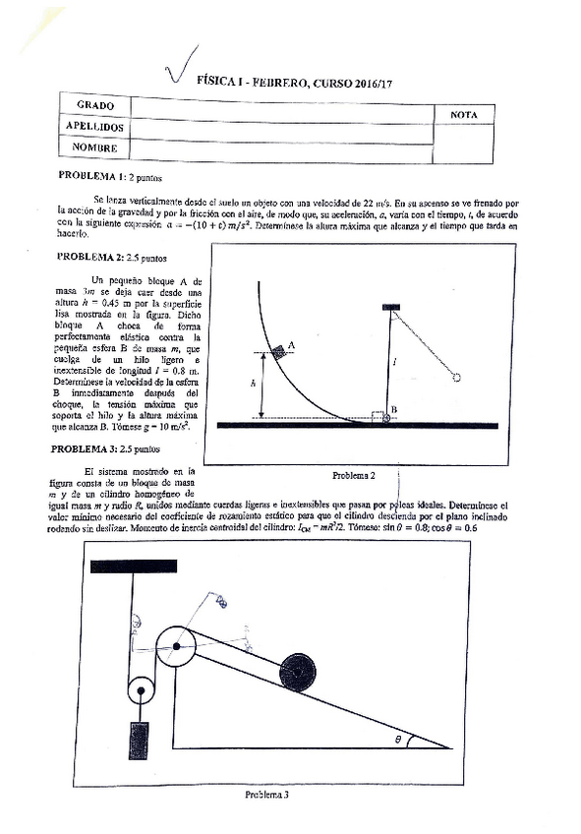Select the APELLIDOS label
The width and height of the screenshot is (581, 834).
[94, 127]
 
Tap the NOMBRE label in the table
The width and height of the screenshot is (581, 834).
[94, 149]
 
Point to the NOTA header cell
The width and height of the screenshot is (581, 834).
[463, 115]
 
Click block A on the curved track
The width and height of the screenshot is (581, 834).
[279, 349]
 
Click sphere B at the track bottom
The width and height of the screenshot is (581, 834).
[385, 417]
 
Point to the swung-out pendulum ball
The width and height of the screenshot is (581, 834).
[456, 376]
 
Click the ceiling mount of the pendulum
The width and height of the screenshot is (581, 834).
[390, 307]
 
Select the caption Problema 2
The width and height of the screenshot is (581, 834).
[354, 476]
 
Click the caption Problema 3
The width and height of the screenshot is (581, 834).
[266, 795]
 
